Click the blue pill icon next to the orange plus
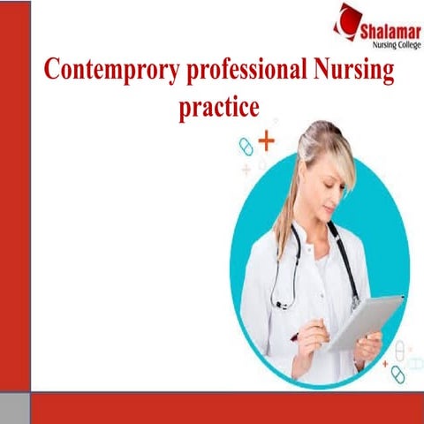[x=246, y=147]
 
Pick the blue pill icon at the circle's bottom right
[x=397, y=375]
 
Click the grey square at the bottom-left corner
[x=15, y=407]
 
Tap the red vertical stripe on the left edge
[x=15, y=194]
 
